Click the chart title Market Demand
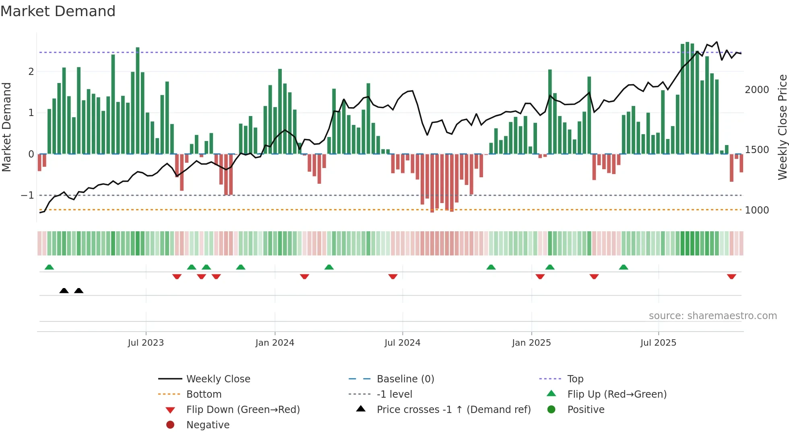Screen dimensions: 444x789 tap(58, 11)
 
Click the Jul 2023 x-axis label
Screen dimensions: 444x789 tap(146, 343)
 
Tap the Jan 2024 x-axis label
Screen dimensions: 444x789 tap(275, 343)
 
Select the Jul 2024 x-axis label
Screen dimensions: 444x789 tap(402, 343)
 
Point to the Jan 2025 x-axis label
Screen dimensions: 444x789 tap(531, 343)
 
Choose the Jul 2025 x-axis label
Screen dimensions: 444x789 tap(658, 343)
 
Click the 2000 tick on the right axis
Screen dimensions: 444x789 tap(757, 90)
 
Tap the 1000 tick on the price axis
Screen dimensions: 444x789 tap(757, 210)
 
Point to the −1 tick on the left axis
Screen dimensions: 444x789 tap(27, 195)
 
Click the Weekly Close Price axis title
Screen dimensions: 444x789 tap(782, 127)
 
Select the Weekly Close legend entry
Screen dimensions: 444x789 tap(218, 379)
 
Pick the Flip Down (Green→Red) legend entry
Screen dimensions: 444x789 tap(243, 410)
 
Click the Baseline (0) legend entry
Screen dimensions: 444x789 tap(405, 379)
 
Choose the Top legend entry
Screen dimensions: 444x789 tap(575, 379)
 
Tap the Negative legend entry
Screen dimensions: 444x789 tap(208, 425)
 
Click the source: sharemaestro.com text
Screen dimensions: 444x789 tap(713, 316)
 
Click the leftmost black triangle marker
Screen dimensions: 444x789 tap(64, 290)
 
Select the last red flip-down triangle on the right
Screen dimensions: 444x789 tap(731, 276)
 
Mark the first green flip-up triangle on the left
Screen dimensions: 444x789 tap(49, 267)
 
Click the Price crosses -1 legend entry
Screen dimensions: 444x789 tap(453, 410)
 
